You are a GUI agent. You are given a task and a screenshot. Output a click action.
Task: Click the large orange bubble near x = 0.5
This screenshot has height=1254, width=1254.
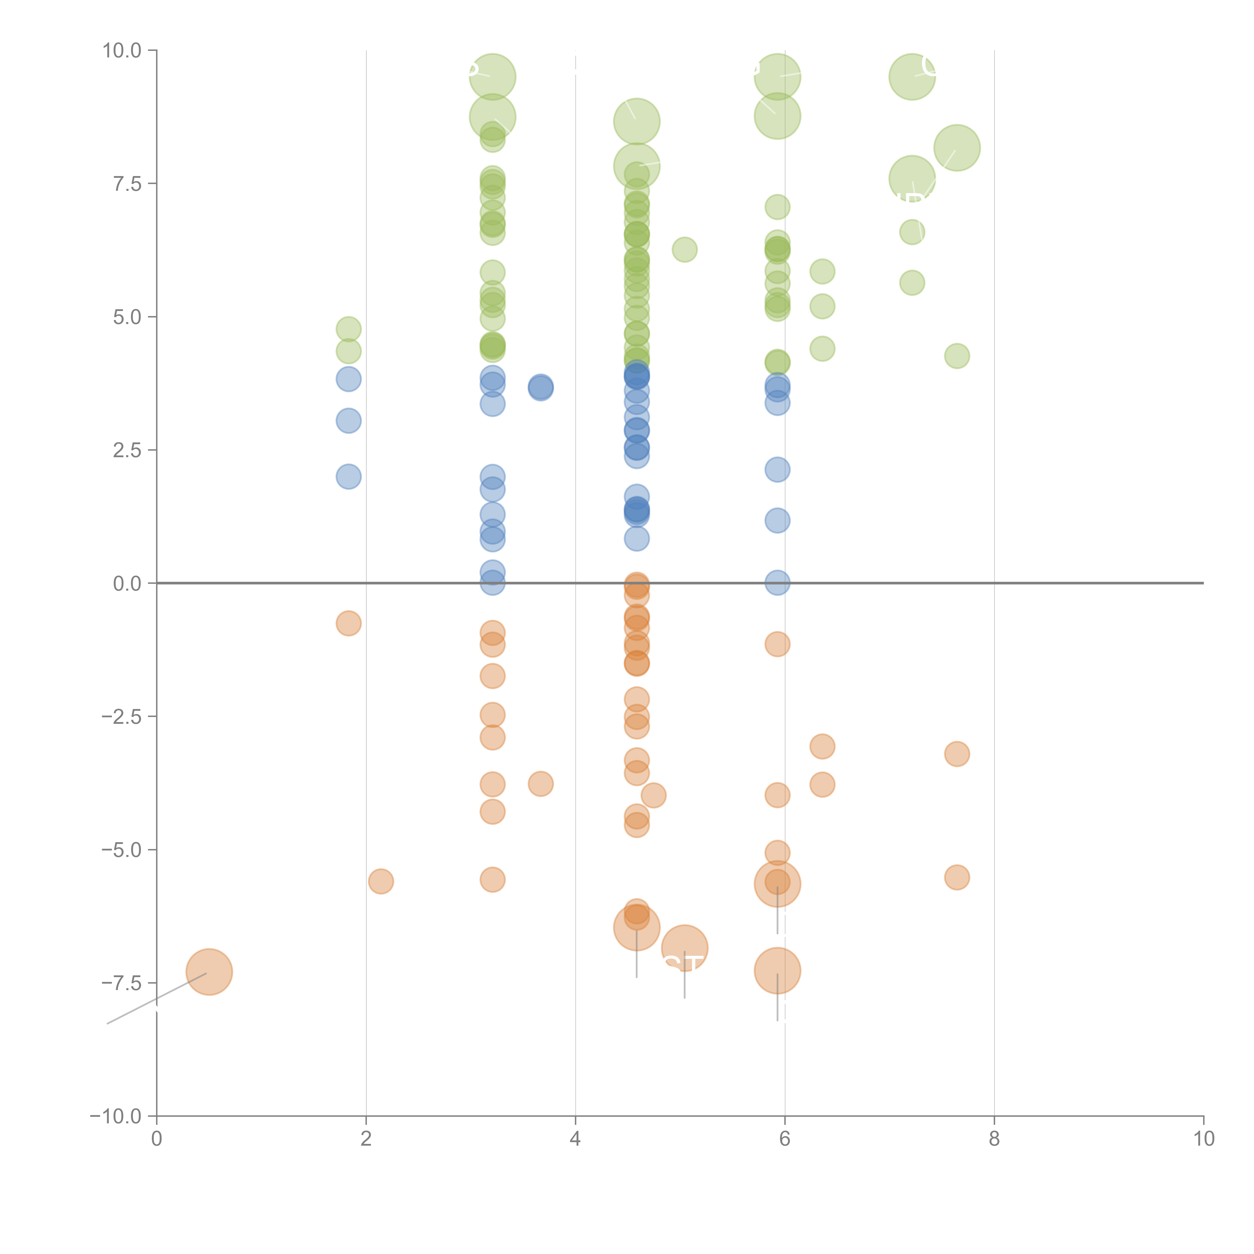(209, 972)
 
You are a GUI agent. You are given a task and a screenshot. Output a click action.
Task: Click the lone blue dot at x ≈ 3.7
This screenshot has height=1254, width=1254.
(541, 387)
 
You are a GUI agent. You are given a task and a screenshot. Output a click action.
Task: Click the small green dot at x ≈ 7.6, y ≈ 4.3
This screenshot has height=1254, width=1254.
(957, 356)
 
